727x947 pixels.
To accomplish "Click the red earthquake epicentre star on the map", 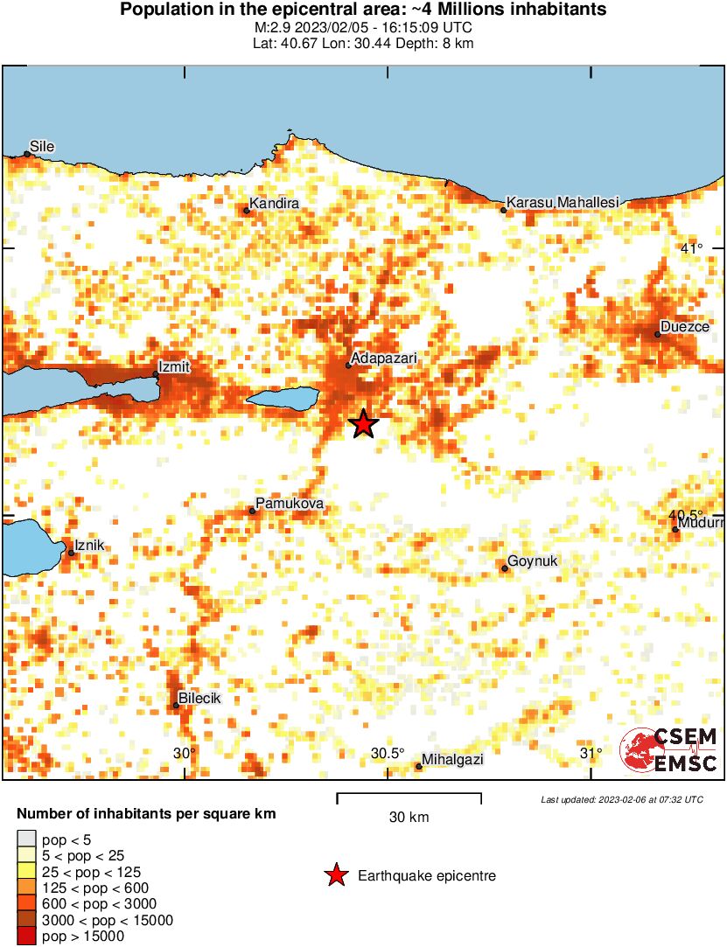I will [364, 424].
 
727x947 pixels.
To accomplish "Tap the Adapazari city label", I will [383, 359].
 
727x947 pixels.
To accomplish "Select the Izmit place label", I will [173, 366].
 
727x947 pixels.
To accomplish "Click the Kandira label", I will [274, 204].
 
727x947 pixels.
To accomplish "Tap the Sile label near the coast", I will [42, 146].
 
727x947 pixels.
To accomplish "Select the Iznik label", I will [89, 545].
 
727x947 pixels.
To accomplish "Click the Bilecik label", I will [199, 699].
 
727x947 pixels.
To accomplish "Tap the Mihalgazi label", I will [452, 760].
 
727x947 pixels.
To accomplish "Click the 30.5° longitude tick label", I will [388, 754].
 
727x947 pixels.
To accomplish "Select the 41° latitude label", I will [691, 249].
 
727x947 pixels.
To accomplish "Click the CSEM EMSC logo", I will [668, 750].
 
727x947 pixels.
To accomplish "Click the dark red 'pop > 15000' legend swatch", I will [25, 937].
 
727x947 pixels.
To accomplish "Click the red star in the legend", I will [335, 875].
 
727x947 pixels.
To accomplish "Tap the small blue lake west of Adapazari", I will [281, 399].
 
